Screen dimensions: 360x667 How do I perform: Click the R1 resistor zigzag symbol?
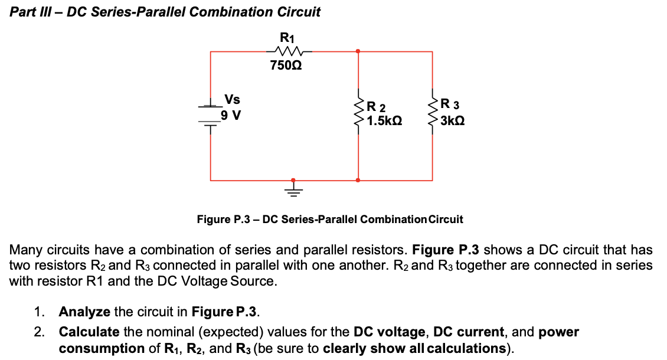point(286,51)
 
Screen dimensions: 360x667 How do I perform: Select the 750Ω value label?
point(286,66)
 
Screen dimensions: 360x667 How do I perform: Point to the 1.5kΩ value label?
point(384,121)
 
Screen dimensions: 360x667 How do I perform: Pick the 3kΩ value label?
point(452,121)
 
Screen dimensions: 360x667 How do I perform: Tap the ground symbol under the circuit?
point(293,189)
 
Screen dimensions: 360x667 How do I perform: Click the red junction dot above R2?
point(358,51)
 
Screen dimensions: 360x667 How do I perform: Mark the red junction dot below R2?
point(358,180)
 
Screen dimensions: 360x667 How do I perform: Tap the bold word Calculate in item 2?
point(89,332)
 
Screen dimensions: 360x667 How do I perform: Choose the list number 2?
point(38,332)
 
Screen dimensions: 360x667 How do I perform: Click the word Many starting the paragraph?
point(26,250)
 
